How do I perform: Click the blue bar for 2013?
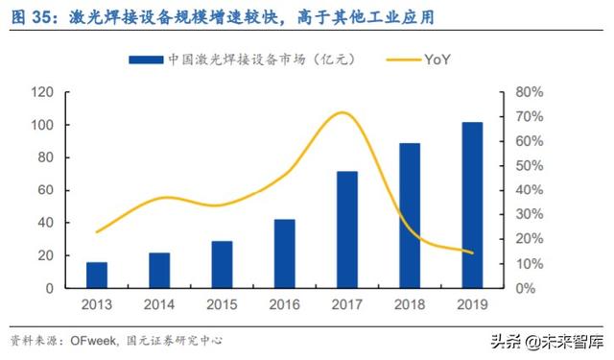click(97, 275)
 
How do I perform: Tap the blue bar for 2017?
click(347, 229)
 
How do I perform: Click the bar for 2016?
click(285, 253)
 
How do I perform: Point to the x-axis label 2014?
click(159, 304)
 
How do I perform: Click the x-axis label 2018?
click(410, 304)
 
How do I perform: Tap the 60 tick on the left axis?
click(43, 190)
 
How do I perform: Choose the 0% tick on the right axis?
click(526, 288)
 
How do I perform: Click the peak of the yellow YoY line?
click(342, 112)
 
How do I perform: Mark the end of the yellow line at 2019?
click(472, 253)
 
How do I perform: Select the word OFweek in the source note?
click(93, 340)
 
